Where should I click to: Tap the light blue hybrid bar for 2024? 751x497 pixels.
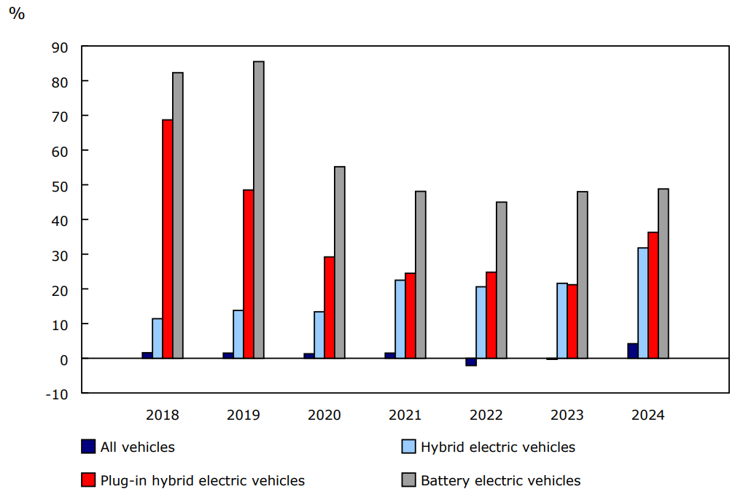click(x=643, y=303)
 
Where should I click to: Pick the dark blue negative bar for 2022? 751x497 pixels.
click(x=471, y=361)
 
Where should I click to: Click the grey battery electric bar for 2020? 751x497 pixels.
click(x=340, y=262)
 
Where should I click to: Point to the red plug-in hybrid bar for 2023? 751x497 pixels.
click(x=572, y=321)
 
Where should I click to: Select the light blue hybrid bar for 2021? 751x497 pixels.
click(x=400, y=319)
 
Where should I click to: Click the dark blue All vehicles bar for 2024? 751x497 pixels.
click(x=633, y=351)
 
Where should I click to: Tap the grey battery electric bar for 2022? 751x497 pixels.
click(x=502, y=280)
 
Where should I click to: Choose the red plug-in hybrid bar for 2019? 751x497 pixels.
click(x=249, y=274)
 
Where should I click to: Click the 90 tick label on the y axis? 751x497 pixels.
click(x=60, y=47)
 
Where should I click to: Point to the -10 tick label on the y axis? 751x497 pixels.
click(x=58, y=394)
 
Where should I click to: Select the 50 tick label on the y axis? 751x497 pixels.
click(x=60, y=186)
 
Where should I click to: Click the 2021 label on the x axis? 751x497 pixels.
click(x=405, y=415)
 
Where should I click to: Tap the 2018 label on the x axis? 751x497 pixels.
click(x=162, y=415)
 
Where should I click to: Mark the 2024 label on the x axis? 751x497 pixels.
click(x=647, y=415)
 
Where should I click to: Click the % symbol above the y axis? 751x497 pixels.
click(x=17, y=14)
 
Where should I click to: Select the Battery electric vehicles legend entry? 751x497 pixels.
click(x=500, y=480)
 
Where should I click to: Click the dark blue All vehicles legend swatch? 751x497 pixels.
click(x=88, y=447)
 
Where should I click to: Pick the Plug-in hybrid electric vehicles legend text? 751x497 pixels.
click(x=202, y=480)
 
